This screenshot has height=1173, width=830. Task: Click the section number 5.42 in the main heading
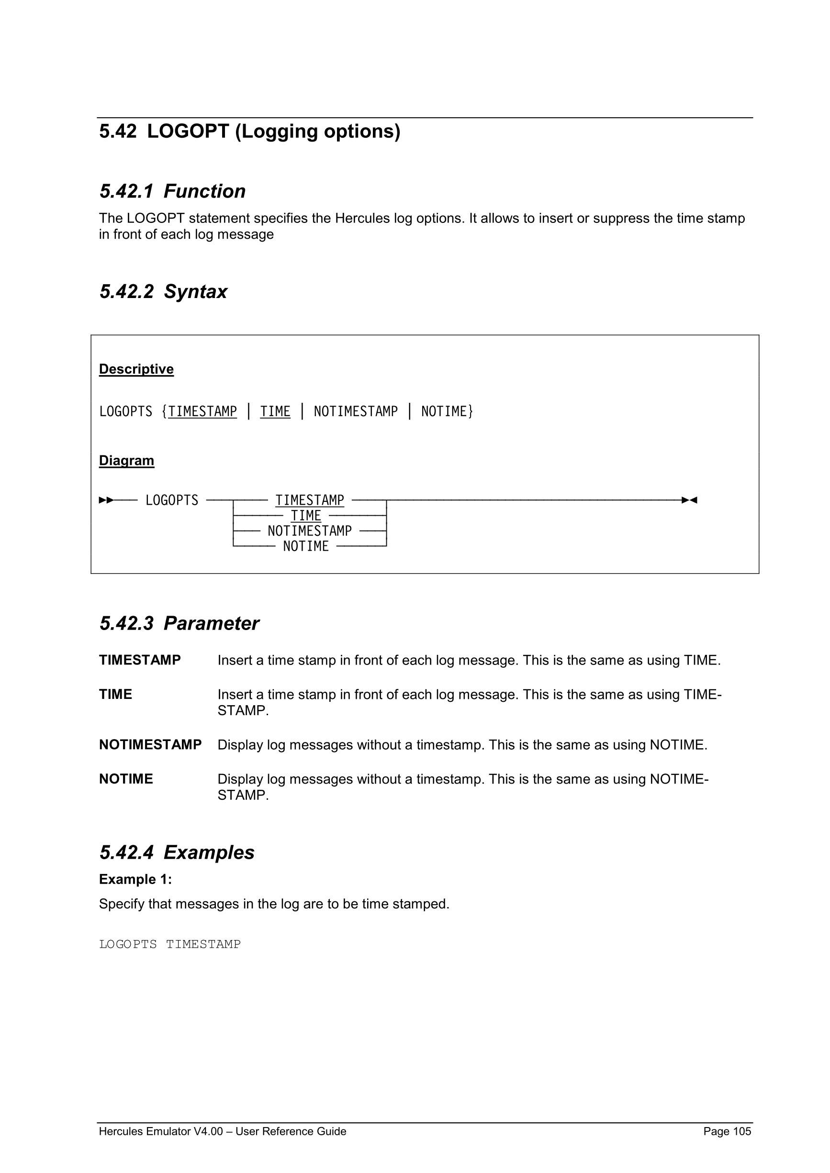118,132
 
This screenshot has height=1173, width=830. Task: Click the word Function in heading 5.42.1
204,191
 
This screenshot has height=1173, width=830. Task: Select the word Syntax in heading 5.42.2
195,292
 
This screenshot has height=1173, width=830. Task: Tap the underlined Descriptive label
136,369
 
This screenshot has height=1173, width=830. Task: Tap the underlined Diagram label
126,460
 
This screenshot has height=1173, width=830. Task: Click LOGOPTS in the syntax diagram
172,500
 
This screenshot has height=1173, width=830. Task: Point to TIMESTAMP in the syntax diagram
310,500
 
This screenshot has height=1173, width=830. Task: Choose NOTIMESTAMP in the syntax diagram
310,531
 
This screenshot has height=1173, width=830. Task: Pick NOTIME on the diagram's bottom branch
306,547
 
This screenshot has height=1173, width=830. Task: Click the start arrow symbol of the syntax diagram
106,500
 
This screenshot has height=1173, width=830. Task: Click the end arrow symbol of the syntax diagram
689,500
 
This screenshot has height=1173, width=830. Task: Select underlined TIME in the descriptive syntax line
275,412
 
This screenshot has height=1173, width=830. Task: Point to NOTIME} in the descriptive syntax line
447,412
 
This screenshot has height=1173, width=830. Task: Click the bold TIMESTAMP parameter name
139,660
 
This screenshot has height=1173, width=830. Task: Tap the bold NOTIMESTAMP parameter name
150,745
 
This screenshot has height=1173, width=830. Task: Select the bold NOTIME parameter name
126,779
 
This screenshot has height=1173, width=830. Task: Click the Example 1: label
135,879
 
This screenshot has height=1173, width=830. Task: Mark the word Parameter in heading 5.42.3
211,624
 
